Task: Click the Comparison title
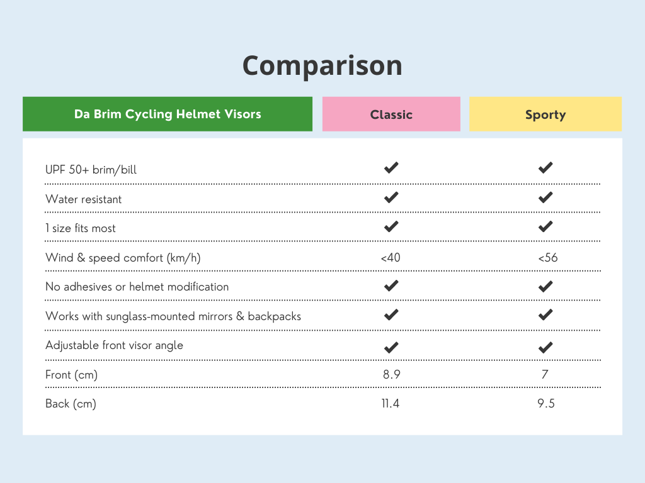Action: (322, 65)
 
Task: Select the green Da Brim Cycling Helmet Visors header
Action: (168, 114)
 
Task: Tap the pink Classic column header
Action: (391, 114)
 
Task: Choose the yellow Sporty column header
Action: (545, 114)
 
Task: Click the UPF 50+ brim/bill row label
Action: (91, 170)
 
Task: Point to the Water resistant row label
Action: (84, 199)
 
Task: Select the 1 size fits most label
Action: (81, 228)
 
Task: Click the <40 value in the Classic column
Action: (391, 257)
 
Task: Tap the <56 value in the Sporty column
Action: (545, 257)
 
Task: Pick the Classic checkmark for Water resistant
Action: (391, 197)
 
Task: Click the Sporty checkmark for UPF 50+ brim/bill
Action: (545, 168)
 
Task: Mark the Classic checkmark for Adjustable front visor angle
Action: (391, 347)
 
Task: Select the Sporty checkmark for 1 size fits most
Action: (545, 226)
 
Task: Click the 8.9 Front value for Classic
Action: (391, 375)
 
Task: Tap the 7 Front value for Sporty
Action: (545, 375)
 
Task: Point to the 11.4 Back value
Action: (391, 404)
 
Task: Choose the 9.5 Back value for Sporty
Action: (545, 404)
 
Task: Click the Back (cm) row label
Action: (71, 404)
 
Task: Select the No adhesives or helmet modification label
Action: (137, 287)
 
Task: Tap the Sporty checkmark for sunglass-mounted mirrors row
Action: (545, 314)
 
